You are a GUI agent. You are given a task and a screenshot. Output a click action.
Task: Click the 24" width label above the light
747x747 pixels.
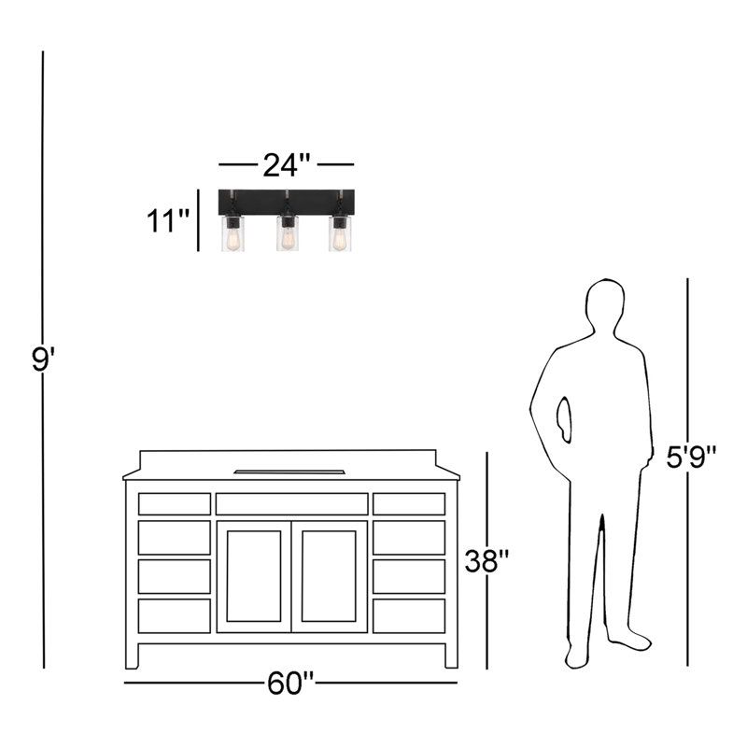point(287,165)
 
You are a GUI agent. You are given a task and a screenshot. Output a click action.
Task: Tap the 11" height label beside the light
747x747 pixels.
point(168,220)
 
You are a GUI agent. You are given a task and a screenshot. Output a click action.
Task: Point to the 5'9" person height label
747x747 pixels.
point(691,457)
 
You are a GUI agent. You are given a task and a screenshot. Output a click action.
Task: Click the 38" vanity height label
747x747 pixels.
point(487,561)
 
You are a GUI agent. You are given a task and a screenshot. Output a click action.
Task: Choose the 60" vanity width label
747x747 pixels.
point(290,683)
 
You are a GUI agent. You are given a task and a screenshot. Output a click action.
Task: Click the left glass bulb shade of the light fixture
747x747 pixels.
point(233,233)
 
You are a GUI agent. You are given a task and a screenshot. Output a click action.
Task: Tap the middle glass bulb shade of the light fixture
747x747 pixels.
point(287,233)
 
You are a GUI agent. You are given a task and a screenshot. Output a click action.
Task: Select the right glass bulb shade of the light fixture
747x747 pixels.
point(340,233)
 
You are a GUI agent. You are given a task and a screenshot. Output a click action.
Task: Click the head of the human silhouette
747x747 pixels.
point(604,306)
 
